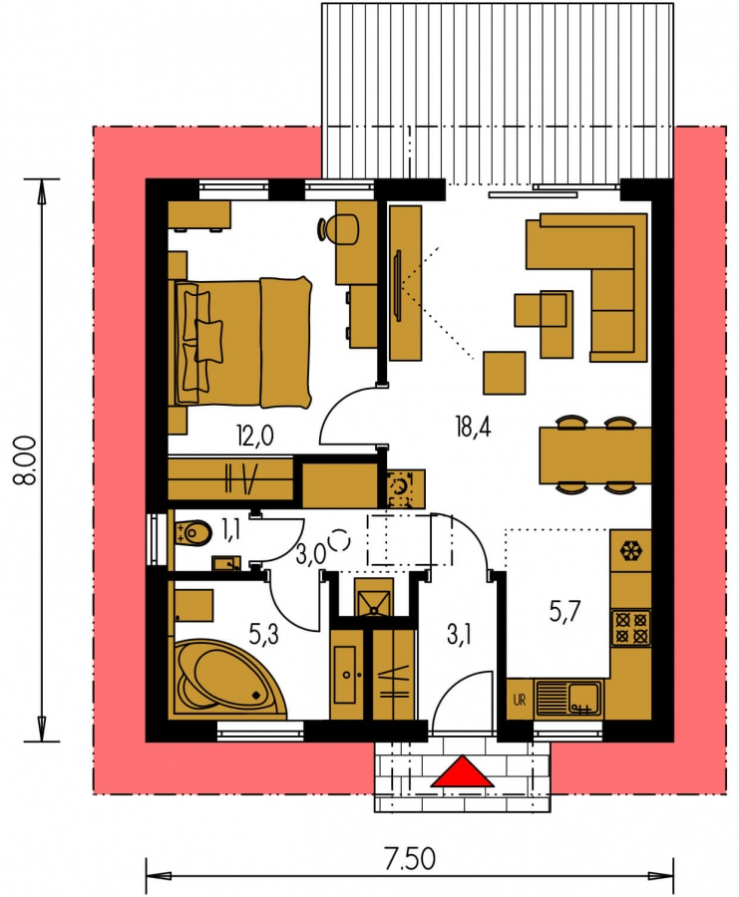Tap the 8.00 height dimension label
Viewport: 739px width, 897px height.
tap(26, 461)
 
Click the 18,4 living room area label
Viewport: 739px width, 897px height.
tap(473, 428)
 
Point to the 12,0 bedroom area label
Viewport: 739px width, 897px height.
tap(254, 437)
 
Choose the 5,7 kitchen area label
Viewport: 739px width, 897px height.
tap(565, 613)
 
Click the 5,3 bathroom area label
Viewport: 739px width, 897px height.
tap(264, 634)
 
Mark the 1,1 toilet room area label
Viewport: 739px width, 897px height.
tap(230, 530)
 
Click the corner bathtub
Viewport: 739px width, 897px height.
tap(227, 679)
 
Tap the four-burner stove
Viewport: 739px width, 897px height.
tap(631, 628)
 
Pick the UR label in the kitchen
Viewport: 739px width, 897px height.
tap(520, 699)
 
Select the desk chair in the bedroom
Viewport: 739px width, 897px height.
tap(339, 228)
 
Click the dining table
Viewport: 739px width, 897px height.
tap(595, 454)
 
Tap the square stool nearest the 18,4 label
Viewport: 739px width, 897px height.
tap(505, 373)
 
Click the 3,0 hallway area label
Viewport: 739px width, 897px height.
tap(311, 554)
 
